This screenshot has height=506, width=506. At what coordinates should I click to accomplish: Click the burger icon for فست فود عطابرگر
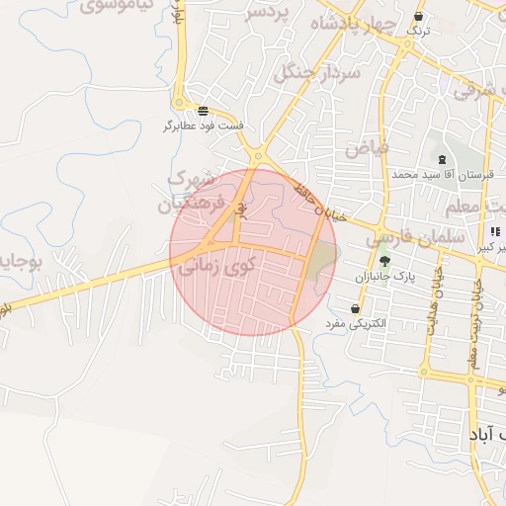click(x=203, y=111)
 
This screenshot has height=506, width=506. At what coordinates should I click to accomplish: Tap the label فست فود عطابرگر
click(x=204, y=126)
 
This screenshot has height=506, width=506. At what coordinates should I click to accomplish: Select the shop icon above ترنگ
click(x=418, y=17)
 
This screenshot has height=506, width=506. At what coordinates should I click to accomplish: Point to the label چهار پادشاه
click(x=353, y=23)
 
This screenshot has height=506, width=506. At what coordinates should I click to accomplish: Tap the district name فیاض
click(x=367, y=148)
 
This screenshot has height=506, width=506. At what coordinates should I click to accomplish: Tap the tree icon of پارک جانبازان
click(x=384, y=263)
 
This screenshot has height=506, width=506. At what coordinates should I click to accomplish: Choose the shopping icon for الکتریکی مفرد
click(x=355, y=308)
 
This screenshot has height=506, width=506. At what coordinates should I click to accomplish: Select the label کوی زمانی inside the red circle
click(x=216, y=265)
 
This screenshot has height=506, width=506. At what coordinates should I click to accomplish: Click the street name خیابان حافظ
click(x=321, y=202)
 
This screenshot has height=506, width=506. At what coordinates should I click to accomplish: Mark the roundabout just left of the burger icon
click(x=180, y=103)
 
